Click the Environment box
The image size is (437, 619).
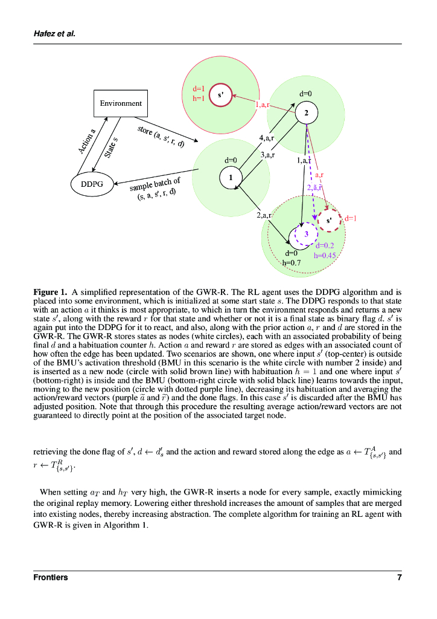point(121,103)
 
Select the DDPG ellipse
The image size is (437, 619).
point(92,184)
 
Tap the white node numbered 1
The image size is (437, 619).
point(230,177)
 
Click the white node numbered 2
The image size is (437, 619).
point(306,113)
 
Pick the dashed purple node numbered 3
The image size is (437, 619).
point(306,234)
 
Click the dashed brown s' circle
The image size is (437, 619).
point(329,221)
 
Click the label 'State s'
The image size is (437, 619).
point(111,147)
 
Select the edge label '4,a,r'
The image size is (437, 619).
point(267,138)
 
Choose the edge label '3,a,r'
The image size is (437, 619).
point(267,155)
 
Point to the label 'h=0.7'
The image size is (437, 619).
point(292,263)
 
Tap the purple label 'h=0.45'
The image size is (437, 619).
point(325,255)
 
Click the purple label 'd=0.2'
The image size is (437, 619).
point(325,245)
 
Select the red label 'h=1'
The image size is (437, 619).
point(199,99)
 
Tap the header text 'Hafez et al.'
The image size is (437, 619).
point(54,34)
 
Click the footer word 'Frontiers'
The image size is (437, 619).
point(51,577)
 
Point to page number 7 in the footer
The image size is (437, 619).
point(399,577)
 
